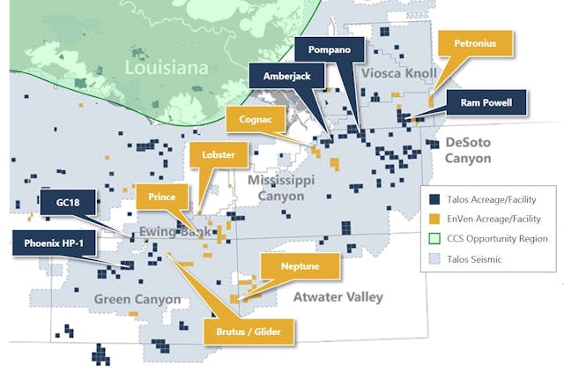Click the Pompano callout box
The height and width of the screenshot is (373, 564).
pyautogui.click(x=326, y=49)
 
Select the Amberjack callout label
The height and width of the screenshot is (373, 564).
pyautogui.click(x=287, y=77)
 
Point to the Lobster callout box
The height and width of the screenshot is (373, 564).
pyautogui.click(x=218, y=155)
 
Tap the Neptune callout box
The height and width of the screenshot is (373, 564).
pyautogui.click(x=300, y=266)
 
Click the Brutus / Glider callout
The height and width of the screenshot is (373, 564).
pyautogui.click(x=249, y=332)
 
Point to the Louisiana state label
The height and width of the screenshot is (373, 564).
pyautogui.click(x=166, y=68)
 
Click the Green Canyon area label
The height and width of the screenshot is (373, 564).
pyautogui.click(x=137, y=299)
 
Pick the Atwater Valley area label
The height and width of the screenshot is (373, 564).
pyautogui.click(x=338, y=296)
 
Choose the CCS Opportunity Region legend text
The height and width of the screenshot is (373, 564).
pyautogui.click(x=497, y=238)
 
